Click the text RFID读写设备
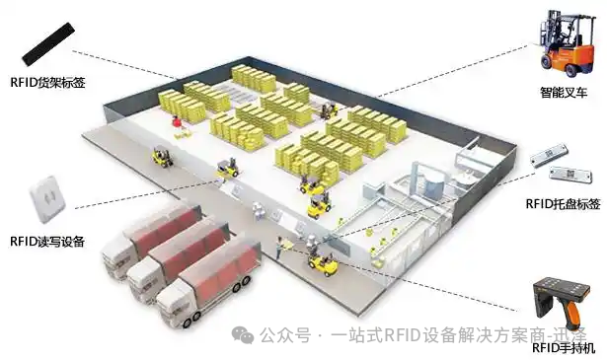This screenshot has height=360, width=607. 47,240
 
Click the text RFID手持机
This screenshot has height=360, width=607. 564,348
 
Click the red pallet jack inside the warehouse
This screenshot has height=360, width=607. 176,121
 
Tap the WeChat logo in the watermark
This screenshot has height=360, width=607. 243,335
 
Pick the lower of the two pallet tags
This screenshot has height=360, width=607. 565,177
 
